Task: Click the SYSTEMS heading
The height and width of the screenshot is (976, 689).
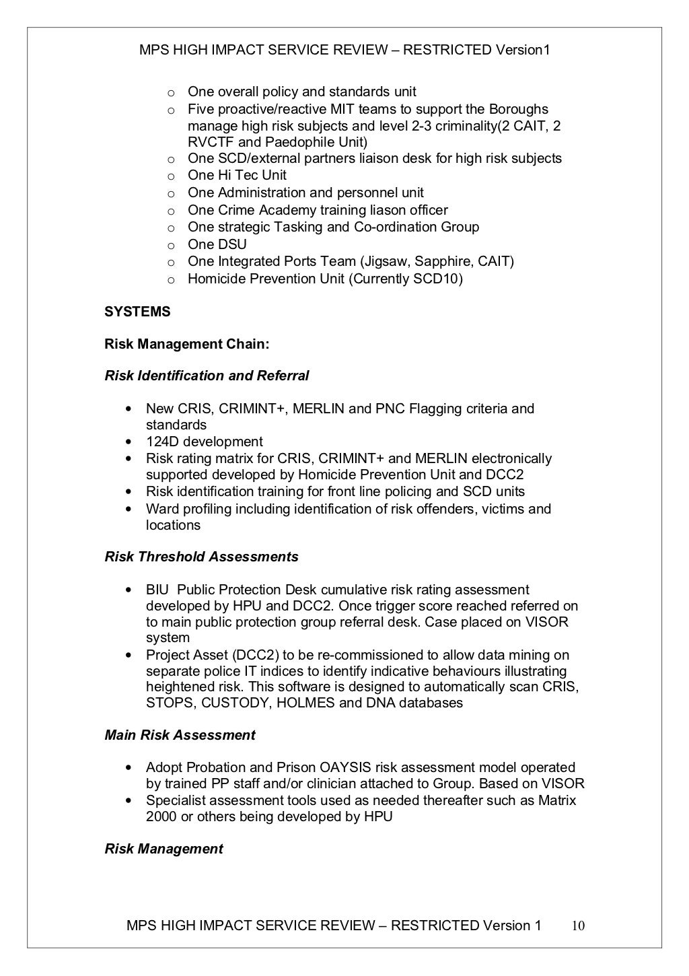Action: click(137, 312)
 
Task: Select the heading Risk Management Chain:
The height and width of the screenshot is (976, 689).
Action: click(186, 344)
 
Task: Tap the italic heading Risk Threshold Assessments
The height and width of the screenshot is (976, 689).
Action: click(201, 557)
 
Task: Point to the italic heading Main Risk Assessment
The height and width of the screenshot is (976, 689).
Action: click(180, 735)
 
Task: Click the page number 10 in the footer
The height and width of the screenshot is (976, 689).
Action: click(578, 926)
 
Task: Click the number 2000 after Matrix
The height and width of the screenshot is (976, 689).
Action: click(162, 816)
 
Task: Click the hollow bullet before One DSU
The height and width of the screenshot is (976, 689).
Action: click(171, 245)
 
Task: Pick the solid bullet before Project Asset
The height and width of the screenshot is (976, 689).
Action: click(128, 655)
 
